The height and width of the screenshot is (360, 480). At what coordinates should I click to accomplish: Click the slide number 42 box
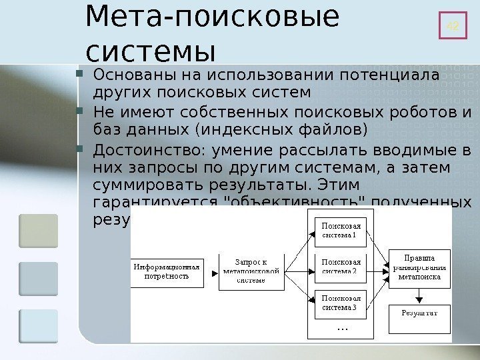(x=453, y=26)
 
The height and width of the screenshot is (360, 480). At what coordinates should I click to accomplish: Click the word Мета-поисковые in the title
(x=212, y=21)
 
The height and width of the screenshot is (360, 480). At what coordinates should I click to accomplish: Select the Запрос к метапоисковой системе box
(x=250, y=271)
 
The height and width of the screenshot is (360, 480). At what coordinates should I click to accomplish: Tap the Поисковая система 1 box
(x=339, y=230)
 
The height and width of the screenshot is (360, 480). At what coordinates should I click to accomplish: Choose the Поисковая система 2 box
(x=339, y=267)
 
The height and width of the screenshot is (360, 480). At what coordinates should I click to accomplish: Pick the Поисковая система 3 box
(x=339, y=303)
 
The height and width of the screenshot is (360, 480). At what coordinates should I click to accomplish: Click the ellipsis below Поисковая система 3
(x=342, y=328)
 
